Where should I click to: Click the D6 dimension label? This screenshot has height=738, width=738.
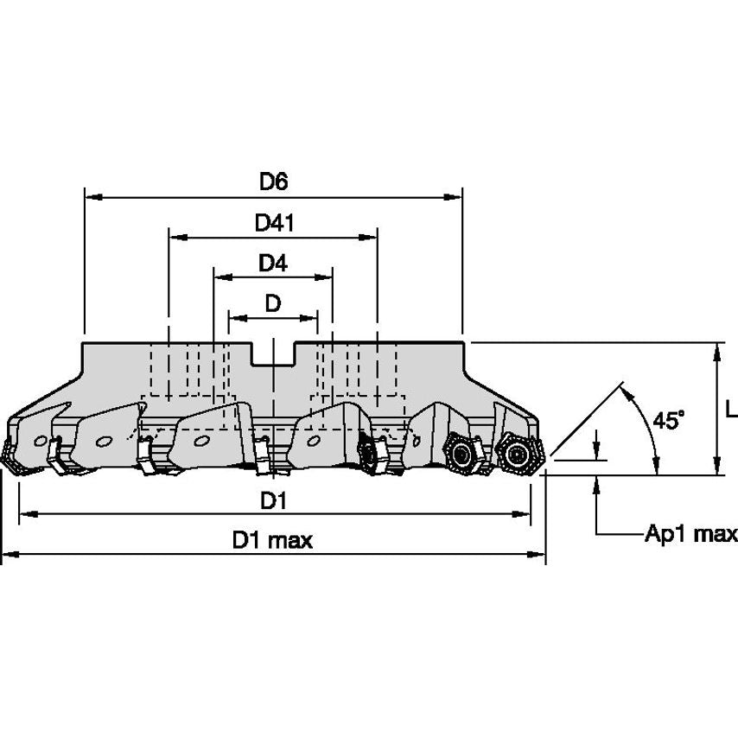pyautogui.click(x=273, y=181)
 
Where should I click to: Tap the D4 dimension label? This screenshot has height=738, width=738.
pyautogui.click(x=273, y=263)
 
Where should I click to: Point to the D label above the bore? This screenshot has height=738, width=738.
pyautogui.click(x=273, y=303)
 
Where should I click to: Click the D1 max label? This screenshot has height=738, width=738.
pyautogui.click(x=272, y=540)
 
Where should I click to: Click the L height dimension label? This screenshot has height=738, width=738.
pyautogui.click(x=731, y=410)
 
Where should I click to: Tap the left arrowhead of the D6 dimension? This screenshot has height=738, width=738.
pyautogui.click(x=94, y=197)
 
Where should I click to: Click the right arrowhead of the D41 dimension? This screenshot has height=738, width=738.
pyautogui.click(x=368, y=237)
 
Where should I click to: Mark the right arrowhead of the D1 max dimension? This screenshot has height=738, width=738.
pyautogui.click(x=536, y=555)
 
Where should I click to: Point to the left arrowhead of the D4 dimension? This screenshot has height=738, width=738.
pyautogui.click(x=224, y=277)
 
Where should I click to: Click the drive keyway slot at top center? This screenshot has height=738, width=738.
pyautogui.click(x=273, y=353)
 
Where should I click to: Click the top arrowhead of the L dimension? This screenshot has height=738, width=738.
pyautogui.click(x=716, y=352)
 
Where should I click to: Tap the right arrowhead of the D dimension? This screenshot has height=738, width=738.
pyautogui.click(x=309, y=318)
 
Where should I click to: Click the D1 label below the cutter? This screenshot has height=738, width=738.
pyautogui.click(x=273, y=501)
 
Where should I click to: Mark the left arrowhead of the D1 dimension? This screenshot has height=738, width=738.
pyautogui.click(x=29, y=514)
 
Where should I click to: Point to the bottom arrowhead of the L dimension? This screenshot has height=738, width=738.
pyautogui.click(x=716, y=466)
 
